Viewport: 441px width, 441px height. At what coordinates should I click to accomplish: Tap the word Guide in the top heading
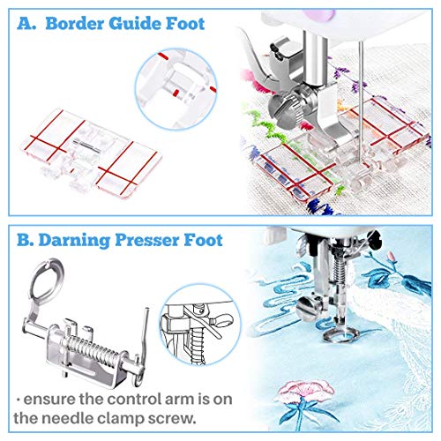[x=134, y=24]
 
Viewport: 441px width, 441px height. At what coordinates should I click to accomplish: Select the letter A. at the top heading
[x=26, y=24]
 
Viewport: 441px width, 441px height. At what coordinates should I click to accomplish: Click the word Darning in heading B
[x=74, y=240]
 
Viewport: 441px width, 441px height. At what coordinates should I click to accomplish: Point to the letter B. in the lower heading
[x=26, y=240]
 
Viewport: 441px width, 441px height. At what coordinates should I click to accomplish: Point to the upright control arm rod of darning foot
[x=145, y=335]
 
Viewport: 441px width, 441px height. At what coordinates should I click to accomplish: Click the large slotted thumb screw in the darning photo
[x=308, y=309]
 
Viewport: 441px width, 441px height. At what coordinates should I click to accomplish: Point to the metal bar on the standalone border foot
[x=86, y=145]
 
